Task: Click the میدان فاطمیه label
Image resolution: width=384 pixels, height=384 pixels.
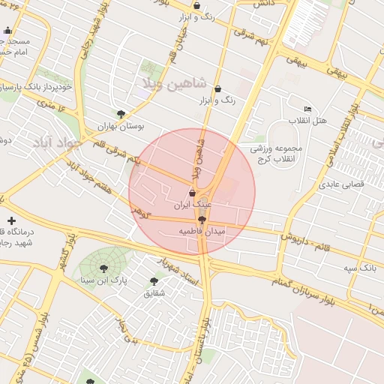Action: (x=202, y=232)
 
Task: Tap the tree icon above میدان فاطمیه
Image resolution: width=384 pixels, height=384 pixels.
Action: (x=201, y=220)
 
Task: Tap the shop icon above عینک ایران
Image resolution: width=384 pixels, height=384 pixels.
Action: (x=193, y=193)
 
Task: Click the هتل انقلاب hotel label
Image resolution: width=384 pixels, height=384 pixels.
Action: (x=308, y=121)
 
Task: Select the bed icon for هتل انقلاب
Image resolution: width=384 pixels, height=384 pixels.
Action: (x=307, y=109)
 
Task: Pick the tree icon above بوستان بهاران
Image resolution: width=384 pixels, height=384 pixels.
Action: (x=121, y=114)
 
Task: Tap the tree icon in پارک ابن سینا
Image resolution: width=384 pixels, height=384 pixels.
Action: (x=103, y=268)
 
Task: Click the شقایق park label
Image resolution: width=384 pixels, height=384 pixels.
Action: (x=154, y=293)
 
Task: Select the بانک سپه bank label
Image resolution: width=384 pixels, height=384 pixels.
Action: (x=359, y=268)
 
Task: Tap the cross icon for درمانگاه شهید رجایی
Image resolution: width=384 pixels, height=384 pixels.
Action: (x=10, y=220)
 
